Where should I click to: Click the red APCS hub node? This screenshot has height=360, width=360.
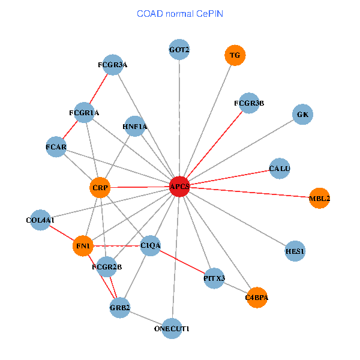(x=179, y=187)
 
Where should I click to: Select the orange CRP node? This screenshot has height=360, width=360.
(x=100, y=188)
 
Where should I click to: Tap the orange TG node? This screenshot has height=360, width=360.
(x=235, y=55)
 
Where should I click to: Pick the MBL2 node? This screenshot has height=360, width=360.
(x=319, y=198)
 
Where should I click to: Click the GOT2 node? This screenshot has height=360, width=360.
(x=179, y=49)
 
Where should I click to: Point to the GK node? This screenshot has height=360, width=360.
(x=303, y=114)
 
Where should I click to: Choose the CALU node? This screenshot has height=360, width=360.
(x=280, y=169)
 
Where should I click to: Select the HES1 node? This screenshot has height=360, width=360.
(x=295, y=251)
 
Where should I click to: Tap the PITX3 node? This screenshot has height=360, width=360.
(x=214, y=278)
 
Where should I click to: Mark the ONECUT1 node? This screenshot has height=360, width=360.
(x=172, y=328)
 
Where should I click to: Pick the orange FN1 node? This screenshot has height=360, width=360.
(x=83, y=246)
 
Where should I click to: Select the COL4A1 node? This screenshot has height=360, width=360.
(x=40, y=220)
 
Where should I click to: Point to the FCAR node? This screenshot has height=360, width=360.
(x=56, y=147)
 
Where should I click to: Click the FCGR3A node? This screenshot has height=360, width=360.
(x=113, y=64)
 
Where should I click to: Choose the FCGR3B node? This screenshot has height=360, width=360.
(x=249, y=103)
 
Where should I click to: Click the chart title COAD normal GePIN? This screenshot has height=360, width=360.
(x=181, y=13)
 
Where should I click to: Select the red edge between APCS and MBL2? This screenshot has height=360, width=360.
(x=249, y=193)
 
